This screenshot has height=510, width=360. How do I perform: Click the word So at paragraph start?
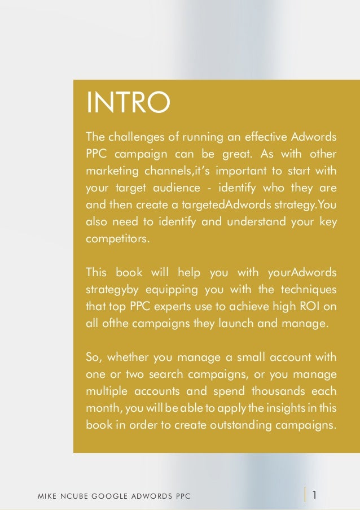[x=93, y=357]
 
